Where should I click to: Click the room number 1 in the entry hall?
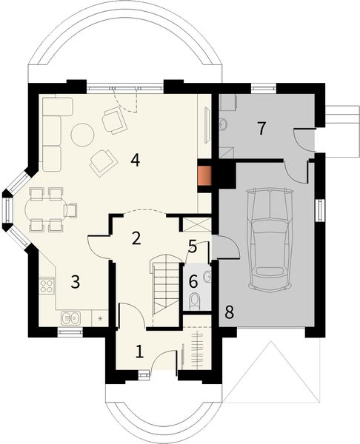click(x=139, y=351)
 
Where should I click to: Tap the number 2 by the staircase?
click(x=136, y=238)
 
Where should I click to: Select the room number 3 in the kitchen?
click(x=75, y=281)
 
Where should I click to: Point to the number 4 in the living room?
click(x=136, y=159)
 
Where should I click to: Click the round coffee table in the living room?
click(x=82, y=134)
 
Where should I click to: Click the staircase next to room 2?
click(x=165, y=285)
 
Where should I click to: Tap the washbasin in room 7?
click(x=224, y=123)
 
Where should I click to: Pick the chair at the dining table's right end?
click(x=72, y=210)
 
